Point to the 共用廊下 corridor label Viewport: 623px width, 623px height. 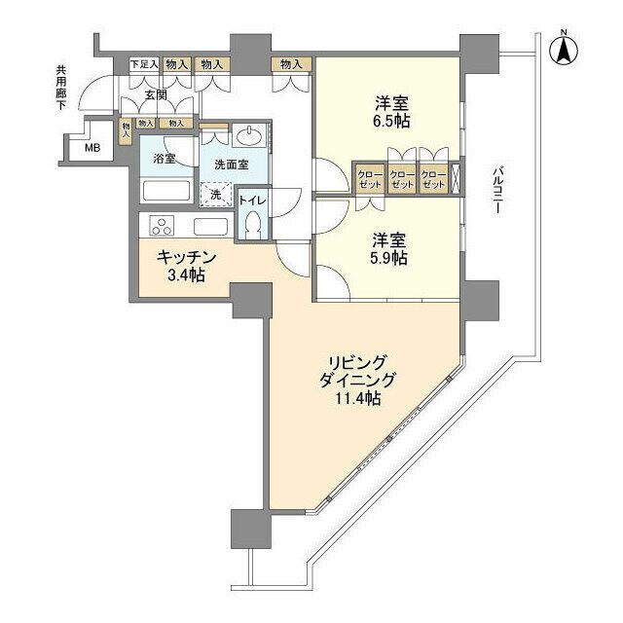[x=61, y=89]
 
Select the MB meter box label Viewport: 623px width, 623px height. [x=91, y=148]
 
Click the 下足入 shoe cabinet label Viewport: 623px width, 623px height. [x=143, y=64]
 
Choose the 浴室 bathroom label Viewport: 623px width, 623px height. [x=164, y=157]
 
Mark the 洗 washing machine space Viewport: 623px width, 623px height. [x=216, y=195]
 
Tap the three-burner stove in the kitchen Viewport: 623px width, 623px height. [x=162, y=227]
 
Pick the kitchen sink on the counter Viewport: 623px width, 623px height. [x=210, y=226]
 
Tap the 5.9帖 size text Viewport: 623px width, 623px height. [x=388, y=258]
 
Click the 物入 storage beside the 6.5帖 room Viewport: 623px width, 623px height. [x=291, y=64]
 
